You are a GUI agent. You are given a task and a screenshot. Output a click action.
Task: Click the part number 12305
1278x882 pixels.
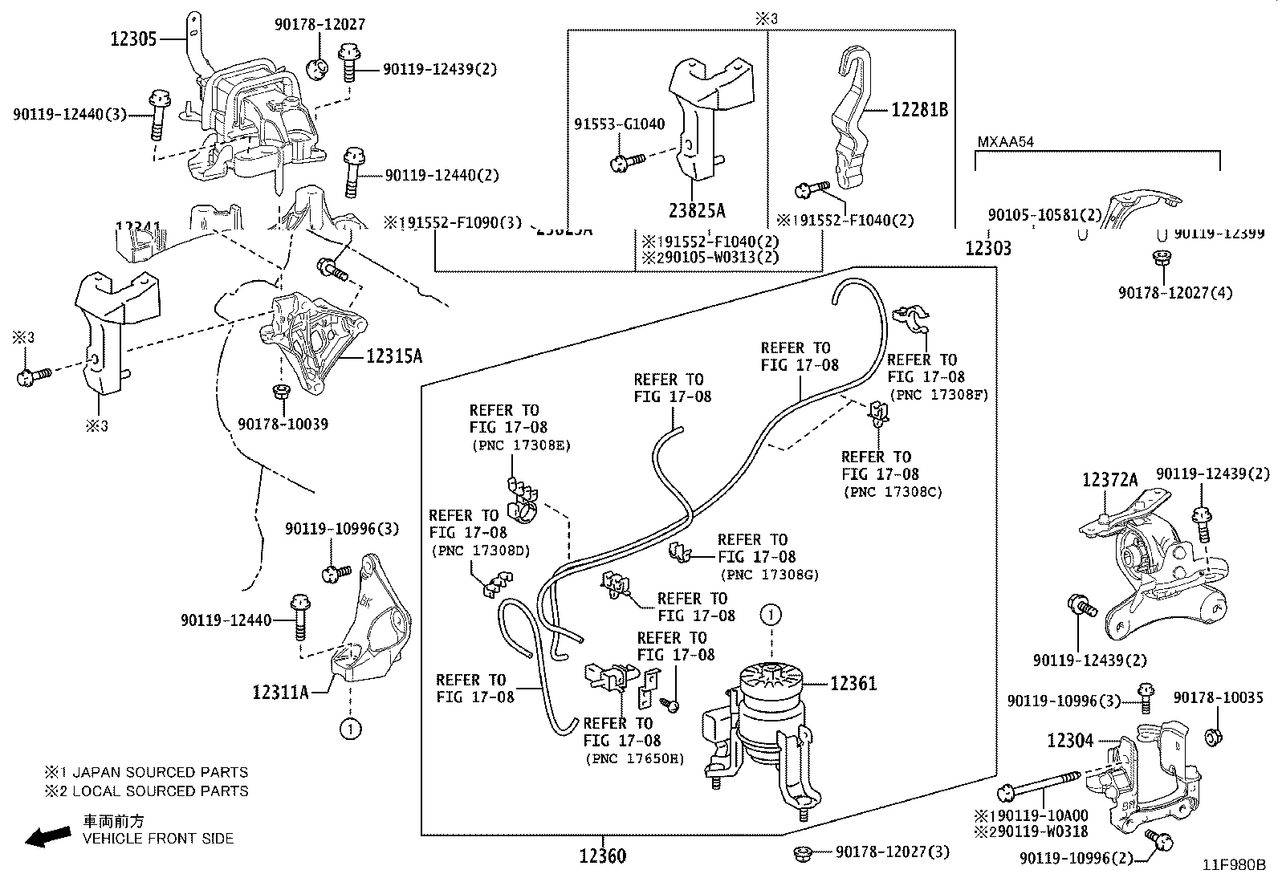(134, 38)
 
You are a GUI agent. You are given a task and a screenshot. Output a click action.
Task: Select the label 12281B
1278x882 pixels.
(919, 110)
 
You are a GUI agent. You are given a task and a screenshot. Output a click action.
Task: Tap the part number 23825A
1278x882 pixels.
(697, 211)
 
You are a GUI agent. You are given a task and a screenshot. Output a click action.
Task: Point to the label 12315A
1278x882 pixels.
(394, 356)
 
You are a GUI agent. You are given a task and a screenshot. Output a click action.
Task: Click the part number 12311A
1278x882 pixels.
(280, 691)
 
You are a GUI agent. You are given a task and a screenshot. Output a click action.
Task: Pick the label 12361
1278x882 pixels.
(853, 684)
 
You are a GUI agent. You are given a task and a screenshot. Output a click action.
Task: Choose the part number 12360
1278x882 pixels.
(602, 856)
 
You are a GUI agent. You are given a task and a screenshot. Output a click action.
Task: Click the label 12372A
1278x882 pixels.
(1109, 480)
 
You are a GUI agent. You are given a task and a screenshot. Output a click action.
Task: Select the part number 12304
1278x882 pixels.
(1070, 740)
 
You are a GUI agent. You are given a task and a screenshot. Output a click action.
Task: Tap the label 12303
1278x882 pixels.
(988, 248)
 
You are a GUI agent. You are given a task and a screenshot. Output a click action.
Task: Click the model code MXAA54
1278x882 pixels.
(1005, 142)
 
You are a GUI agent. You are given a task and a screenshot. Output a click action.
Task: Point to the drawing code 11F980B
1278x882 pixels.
(1233, 865)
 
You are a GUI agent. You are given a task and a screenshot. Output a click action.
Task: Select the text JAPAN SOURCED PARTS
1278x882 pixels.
(160, 773)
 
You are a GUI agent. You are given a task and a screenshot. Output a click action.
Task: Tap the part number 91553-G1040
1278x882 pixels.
(619, 124)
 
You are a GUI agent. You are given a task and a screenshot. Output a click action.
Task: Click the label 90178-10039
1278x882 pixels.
(283, 424)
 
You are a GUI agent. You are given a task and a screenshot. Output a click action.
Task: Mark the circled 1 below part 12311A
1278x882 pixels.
(351, 729)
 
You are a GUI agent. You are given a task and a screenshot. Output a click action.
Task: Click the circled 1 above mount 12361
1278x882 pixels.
(770, 616)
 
